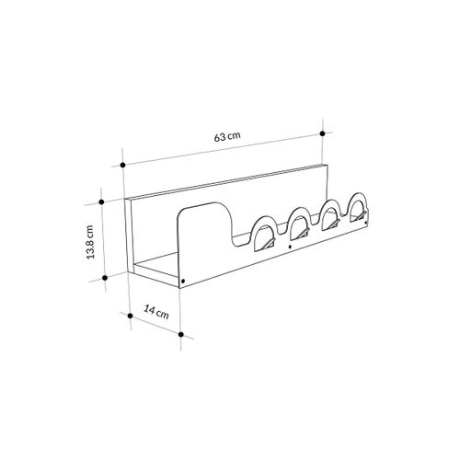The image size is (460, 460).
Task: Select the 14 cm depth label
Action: click(156, 313)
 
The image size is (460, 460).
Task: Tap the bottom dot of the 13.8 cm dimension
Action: click(106, 275)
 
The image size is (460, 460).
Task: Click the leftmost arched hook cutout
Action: click(264, 236)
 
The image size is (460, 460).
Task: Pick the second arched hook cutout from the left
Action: click(298, 224)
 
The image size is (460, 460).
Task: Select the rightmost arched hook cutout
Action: click(359, 209)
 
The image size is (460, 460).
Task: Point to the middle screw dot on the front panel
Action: click(291, 249)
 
